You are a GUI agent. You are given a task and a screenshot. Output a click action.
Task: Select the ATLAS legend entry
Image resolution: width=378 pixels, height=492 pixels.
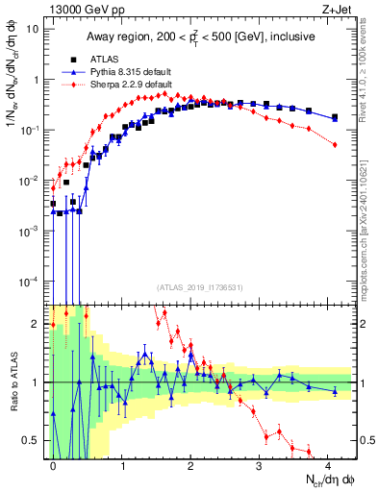103,57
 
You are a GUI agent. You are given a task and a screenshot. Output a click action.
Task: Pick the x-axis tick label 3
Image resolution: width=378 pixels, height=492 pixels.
259,463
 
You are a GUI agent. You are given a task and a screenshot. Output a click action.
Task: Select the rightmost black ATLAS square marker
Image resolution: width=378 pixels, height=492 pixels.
335,117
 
